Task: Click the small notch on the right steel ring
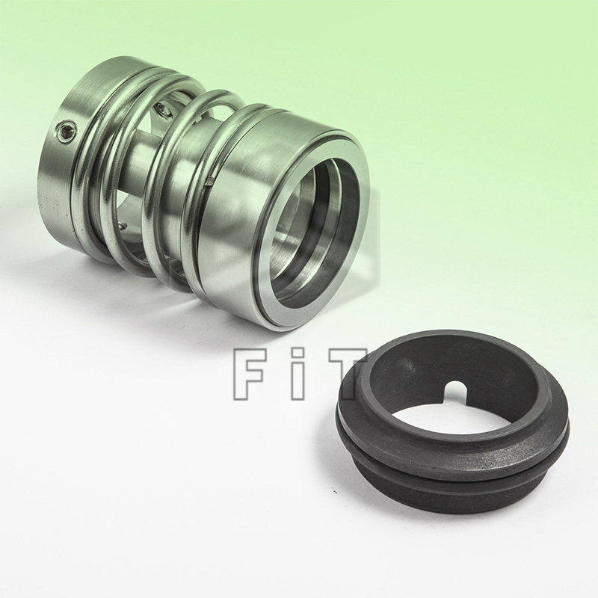tap(210, 179)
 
